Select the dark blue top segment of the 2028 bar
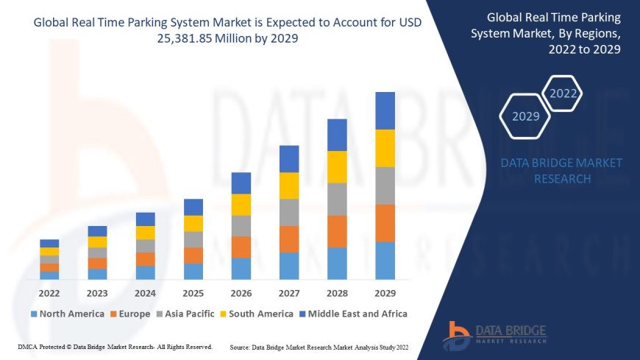[x=337, y=135]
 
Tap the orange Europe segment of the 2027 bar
[x=289, y=239]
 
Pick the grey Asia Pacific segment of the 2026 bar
[x=241, y=225]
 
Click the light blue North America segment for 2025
[x=193, y=271]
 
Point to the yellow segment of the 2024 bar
[x=146, y=233]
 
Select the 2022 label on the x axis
[x=49, y=293]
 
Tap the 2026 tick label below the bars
[x=241, y=293]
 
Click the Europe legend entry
[x=132, y=314]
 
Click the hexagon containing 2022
[x=563, y=93]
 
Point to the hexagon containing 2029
[x=526, y=116]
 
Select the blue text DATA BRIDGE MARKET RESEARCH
[x=561, y=170]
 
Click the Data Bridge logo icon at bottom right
[x=457, y=335]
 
